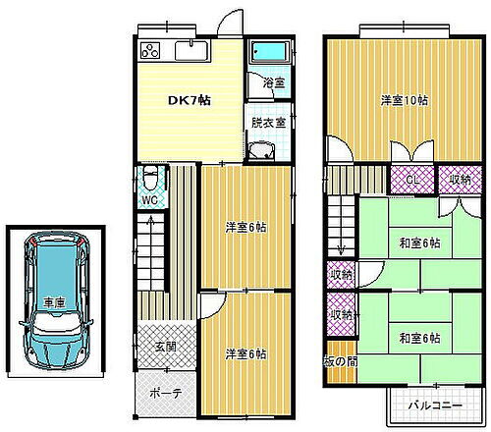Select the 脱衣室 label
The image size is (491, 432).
pyautogui.click(x=268, y=123)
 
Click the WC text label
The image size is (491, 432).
pyautogui.click(x=150, y=199)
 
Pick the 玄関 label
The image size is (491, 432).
pyautogui.click(x=164, y=348)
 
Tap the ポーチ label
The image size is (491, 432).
pyautogui.click(x=164, y=392)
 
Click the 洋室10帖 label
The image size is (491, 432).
pyautogui.click(x=404, y=99)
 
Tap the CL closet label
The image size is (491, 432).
pyautogui.click(x=412, y=181)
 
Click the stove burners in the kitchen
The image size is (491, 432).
pyautogui.click(x=150, y=51)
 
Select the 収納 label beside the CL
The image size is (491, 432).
pyautogui.click(x=460, y=181)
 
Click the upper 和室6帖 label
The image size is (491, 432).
pyautogui.click(x=419, y=243)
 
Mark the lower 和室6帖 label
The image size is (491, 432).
pyautogui.click(x=419, y=338)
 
